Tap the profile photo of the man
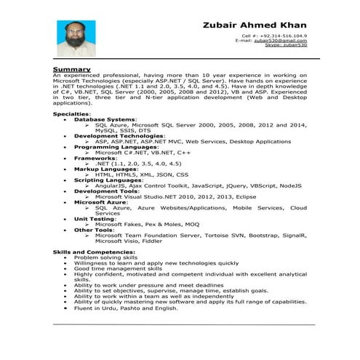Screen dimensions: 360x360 tap(76, 42)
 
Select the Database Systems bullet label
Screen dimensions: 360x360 tap(105, 119)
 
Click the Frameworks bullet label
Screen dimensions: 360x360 tap(95, 157)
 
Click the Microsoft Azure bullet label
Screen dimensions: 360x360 tap(102, 202)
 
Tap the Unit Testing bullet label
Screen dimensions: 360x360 tap(95, 218)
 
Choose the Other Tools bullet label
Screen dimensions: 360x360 tap(94, 229)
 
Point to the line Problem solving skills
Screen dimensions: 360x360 tap(105, 257)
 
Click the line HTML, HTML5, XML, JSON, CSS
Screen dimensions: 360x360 tap(141, 175)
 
